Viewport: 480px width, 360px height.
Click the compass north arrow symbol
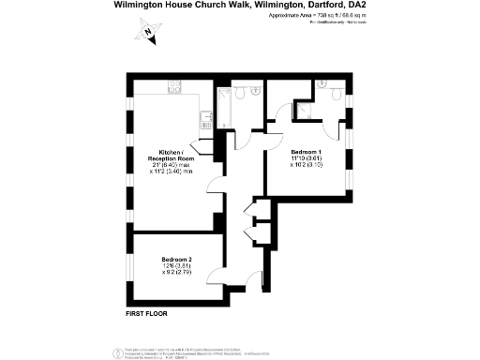click(148, 34)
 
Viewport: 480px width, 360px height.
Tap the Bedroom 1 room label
click(306, 152)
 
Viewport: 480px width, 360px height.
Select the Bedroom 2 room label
click(176, 259)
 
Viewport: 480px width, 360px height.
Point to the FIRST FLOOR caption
click(146, 314)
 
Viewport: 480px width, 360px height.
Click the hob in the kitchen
click(173, 87)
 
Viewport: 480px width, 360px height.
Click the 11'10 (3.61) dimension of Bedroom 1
click(306, 159)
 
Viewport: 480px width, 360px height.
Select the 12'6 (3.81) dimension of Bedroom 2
click(176, 266)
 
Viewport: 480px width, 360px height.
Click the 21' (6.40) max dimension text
click(175, 166)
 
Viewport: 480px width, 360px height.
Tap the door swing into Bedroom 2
click(215, 277)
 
